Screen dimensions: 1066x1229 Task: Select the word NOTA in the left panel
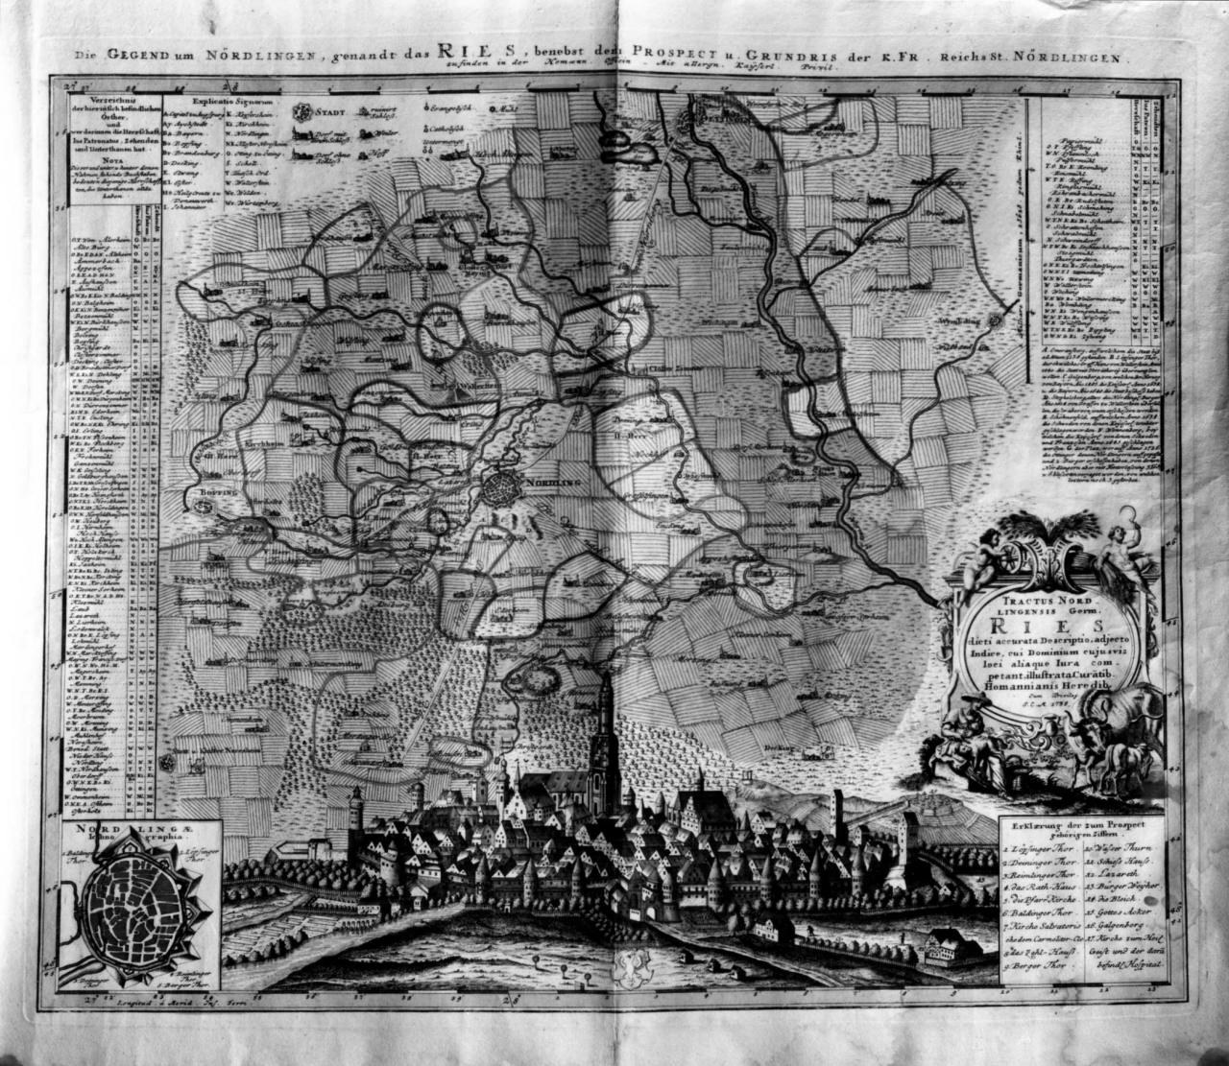[x=113, y=163]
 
